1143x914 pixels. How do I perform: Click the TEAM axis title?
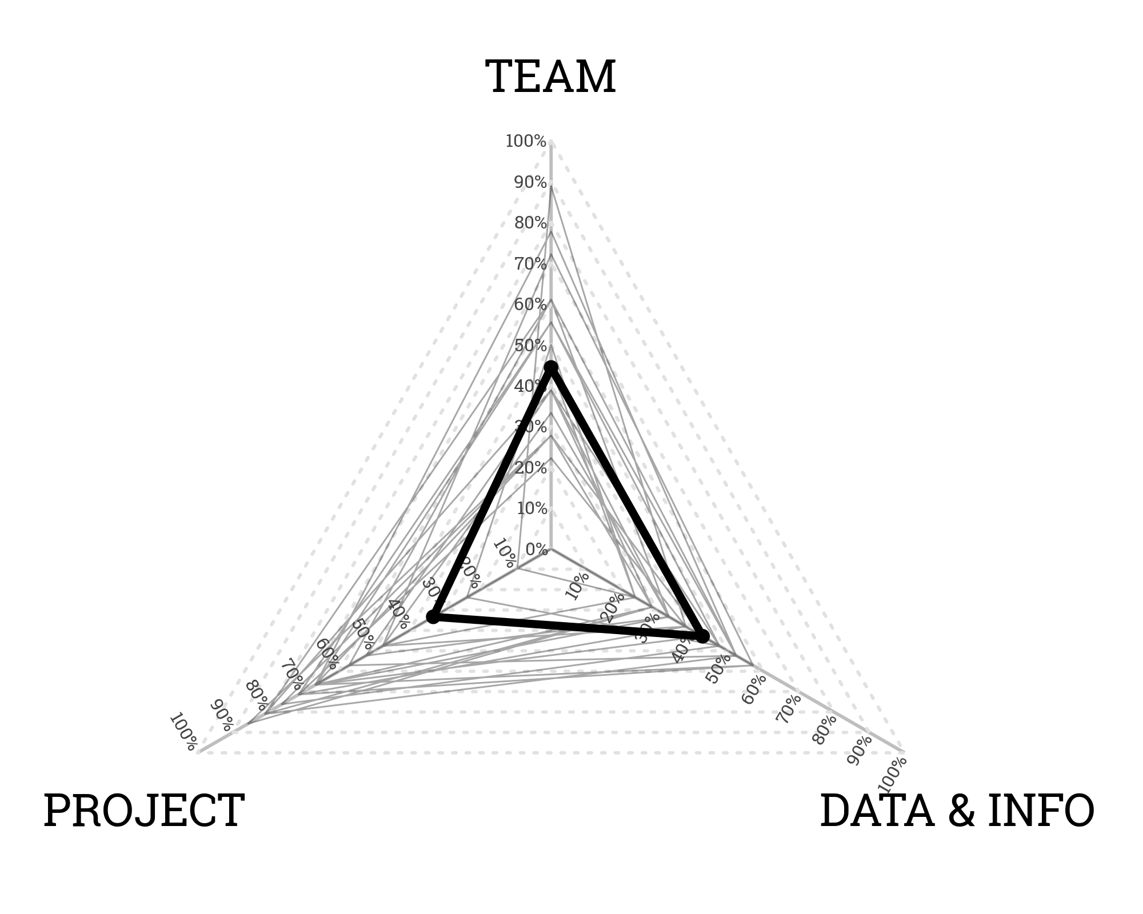[x=550, y=77]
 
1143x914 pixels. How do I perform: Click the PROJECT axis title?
[x=144, y=811]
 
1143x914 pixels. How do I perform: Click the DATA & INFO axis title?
[x=957, y=811]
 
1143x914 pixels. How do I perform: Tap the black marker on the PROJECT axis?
[x=433, y=617]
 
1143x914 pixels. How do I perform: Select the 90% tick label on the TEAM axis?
[x=530, y=183]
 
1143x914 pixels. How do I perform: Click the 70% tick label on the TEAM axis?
[x=530, y=264]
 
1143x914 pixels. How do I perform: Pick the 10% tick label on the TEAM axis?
[x=532, y=508]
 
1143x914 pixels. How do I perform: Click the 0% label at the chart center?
[x=537, y=550]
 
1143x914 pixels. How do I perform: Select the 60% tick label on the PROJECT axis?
[x=327, y=655]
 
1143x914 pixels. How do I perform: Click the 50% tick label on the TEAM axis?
[x=530, y=346]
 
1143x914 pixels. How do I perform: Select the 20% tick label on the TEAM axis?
[x=530, y=468]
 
